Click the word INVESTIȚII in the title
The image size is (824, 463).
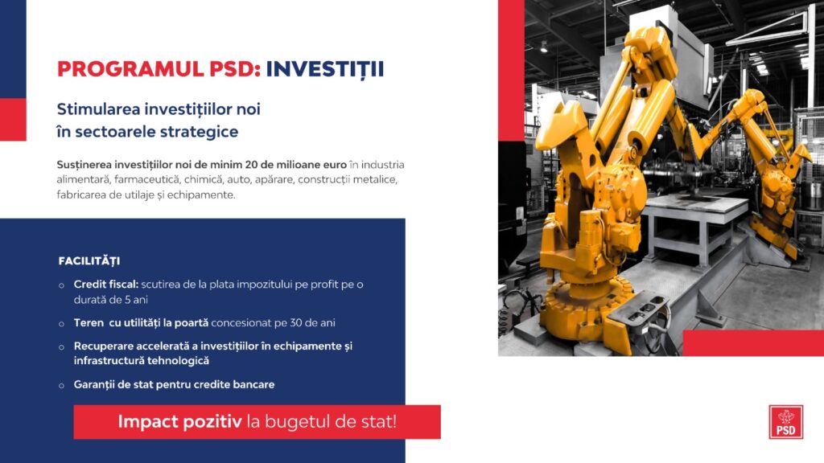[x=325, y=69]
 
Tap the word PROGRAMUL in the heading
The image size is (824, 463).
[x=130, y=69]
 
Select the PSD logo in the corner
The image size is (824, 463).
[x=785, y=421]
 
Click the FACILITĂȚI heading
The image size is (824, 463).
[x=89, y=261]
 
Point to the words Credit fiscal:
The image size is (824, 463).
[x=105, y=285]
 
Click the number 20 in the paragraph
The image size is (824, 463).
[x=252, y=165]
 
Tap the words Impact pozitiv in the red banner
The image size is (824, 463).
[x=179, y=421]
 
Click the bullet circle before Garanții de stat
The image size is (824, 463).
[x=61, y=385]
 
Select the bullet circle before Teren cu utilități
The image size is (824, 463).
[x=61, y=324]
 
